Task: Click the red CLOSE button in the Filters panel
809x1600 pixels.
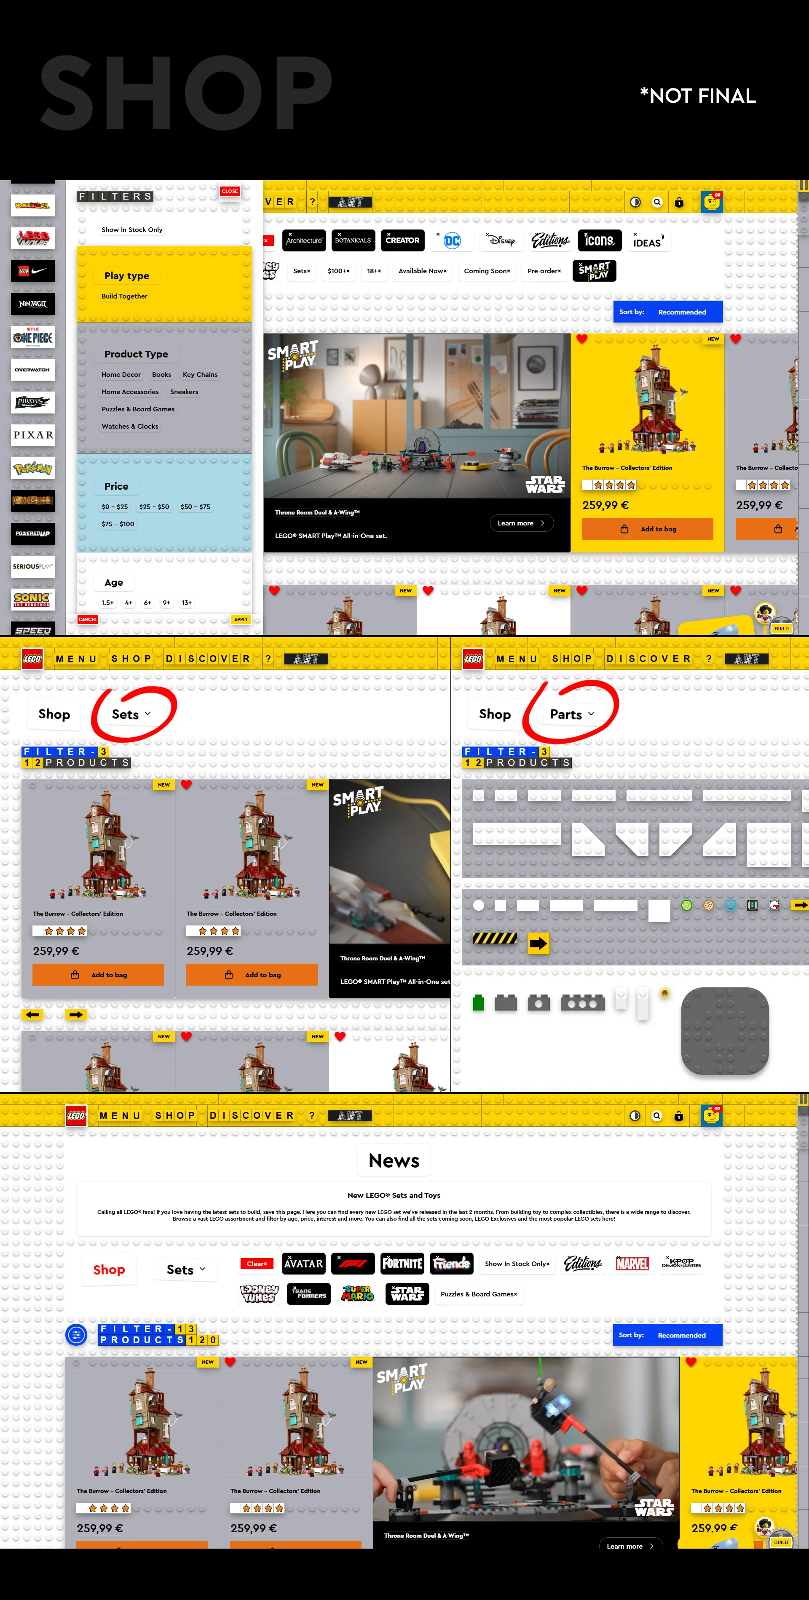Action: [x=229, y=191]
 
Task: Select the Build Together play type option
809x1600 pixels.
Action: [x=124, y=296]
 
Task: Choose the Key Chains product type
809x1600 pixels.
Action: [x=199, y=375]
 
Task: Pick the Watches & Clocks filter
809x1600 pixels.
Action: [x=130, y=426]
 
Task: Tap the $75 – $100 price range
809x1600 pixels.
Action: [x=118, y=524]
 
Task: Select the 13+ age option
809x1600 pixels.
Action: [x=186, y=603]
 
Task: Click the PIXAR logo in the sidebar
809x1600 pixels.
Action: [x=33, y=435]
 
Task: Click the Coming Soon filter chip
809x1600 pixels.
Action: [x=487, y=271]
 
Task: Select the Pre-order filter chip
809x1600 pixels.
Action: [x=544, y=271]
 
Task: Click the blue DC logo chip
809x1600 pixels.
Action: [x=452, y=240]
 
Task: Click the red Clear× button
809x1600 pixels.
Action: [x=257, y=1263]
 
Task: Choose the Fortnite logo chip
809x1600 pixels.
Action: [x=402, y=1263]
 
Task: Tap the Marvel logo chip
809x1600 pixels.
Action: [x=632, y=1263]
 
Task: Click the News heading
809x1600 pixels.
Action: [x=394, y=1160]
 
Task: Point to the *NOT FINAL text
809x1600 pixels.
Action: [x=698, y=96]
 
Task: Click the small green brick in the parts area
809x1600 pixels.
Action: [x=478, y=1003]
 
